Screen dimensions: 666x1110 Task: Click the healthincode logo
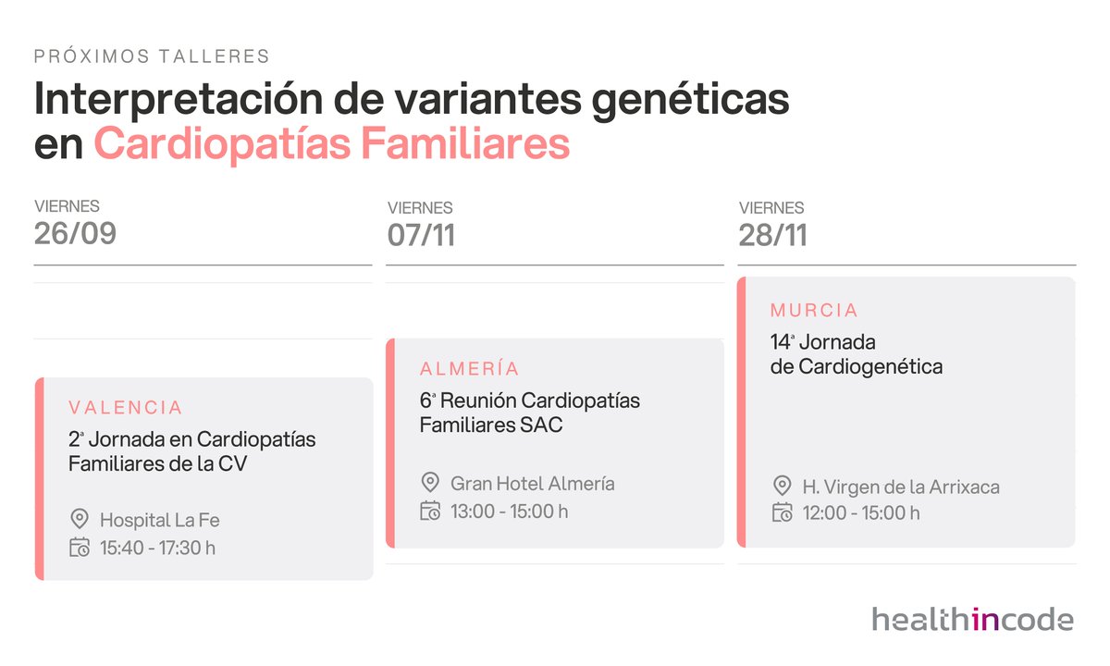tap(972, 619)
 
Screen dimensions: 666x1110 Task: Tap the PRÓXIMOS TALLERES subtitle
tap(152, 56)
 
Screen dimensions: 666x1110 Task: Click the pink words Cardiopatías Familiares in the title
tap(331, 144)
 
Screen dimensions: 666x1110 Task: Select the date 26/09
tap(75, 234)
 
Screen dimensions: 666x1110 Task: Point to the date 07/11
tap(421, 235)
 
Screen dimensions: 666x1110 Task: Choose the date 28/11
tap(772, 235)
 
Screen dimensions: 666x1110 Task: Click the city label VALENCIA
tap(126, 407)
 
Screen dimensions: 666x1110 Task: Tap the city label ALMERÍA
tap(469, 369)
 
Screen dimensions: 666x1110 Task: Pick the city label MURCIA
tap(814, 310)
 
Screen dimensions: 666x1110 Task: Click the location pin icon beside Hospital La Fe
tap(79, 520)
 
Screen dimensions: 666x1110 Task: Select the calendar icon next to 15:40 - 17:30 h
tap(79, 548)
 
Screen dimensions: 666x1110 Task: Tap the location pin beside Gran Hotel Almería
tap(429, 483)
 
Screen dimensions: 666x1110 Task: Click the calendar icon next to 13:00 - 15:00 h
tap(429, 511)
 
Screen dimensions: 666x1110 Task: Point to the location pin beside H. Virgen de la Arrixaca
tap(782, 486)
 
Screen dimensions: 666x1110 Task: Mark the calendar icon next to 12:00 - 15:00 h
tap(782, 513)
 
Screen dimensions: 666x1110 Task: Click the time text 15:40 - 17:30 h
tap(157, 548)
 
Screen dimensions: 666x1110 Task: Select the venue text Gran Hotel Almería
tap(532, 483)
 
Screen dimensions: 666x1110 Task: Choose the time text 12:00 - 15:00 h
tap(860, 513)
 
